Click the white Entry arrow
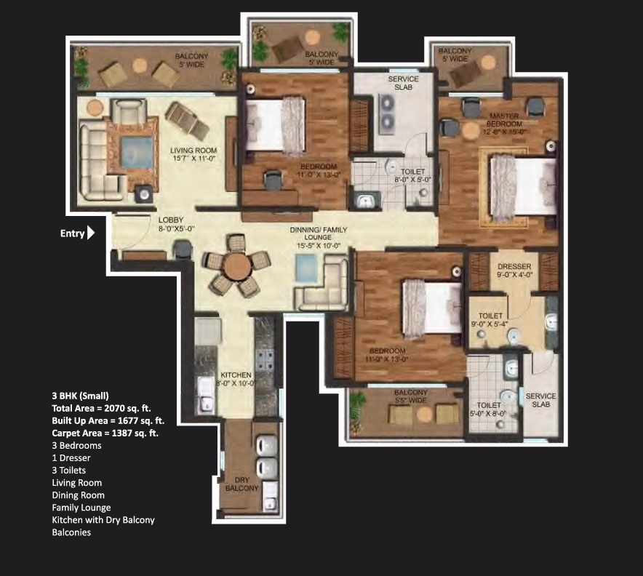(x=91, y=233)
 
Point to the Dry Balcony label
(x=241, y=484)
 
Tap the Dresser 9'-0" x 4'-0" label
(x=514, y=271)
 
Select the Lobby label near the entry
(x=172, y=223)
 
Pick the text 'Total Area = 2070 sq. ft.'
(x=101, y=408)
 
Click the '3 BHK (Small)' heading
(x=80, y=396)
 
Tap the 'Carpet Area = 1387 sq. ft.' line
(x=105, y=433)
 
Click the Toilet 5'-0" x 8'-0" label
(x=489, y=409)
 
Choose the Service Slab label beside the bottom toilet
(x=540, y=401)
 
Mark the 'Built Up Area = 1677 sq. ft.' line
(x=108, y=420)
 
